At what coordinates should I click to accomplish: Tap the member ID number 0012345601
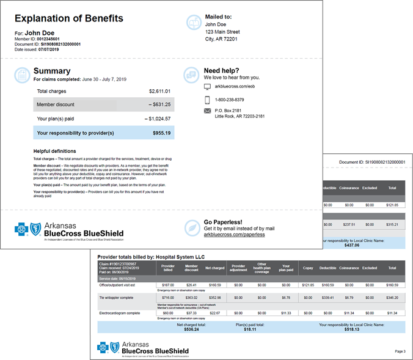(x=51, y=39)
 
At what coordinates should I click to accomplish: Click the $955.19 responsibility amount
(x=161, y=133)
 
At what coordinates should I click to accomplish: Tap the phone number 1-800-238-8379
(x=230, y=100)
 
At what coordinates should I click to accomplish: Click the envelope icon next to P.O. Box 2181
(x=207, y=111)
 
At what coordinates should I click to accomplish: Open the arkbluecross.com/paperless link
(x=234, y=234)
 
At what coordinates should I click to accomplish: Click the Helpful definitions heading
(x=55, y=150)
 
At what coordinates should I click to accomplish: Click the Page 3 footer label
(x=400, y=351)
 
